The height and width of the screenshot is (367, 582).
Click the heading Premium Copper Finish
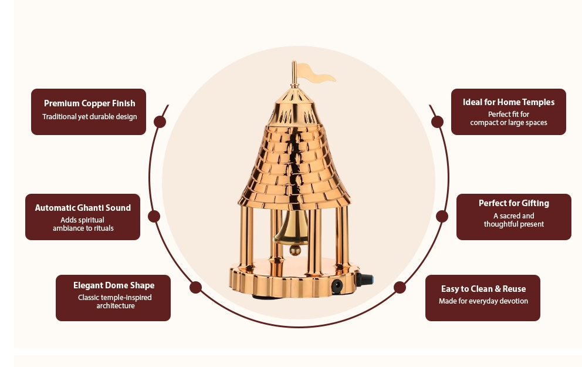coord(89,103)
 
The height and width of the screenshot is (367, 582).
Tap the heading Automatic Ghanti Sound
coord(83,208)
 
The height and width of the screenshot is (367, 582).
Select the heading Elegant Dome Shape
coord(114,285)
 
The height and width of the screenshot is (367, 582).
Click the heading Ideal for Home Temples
coord(508,102)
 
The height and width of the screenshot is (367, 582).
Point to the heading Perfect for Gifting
coord(513,203)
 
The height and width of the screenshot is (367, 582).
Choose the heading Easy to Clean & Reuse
coord(483,289)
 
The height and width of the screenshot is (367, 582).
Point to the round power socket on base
coord(337,286)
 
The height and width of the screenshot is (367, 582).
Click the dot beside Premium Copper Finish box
coord(160,122)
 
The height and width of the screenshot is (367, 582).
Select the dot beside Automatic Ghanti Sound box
coord(154,216)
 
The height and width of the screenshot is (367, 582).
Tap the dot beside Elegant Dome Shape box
coord(196,287)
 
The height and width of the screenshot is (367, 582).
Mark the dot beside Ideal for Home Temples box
coord(437,122)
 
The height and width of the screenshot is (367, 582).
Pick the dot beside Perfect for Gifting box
coord(442,216)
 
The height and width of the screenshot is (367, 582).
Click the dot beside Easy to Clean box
coord(400,287)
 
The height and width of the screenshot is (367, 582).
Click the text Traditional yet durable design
coord(89,116)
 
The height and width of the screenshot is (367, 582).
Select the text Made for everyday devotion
coord(483,301)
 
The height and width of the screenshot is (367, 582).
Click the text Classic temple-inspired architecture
coord(114,302)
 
